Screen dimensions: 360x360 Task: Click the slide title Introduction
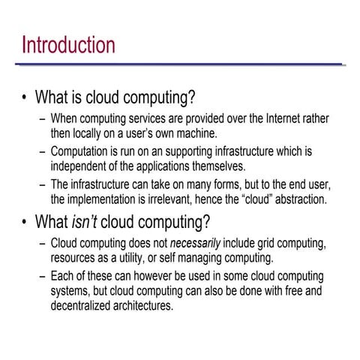pyautogui.click(x=68, y=44)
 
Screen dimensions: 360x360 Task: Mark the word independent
pyautogui.click(x=80, y=166)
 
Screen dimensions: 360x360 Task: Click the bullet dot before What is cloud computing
pyautogui.click(x=25, y=97)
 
